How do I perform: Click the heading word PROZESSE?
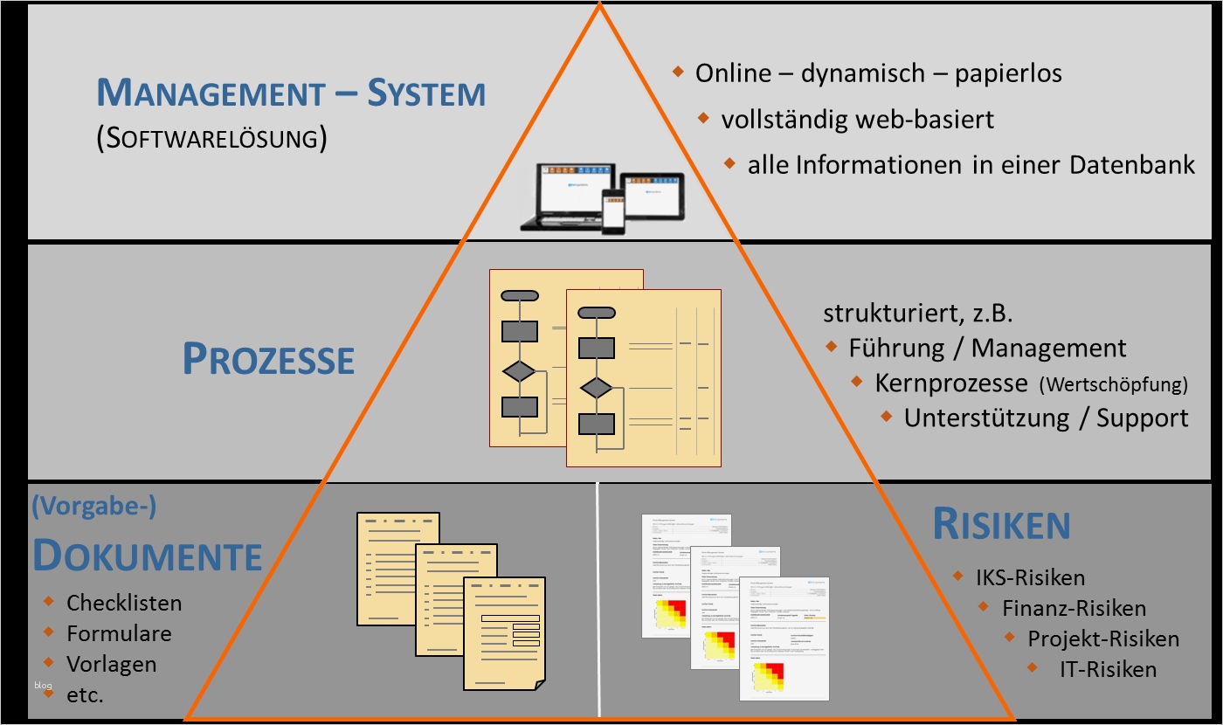click(268, 359)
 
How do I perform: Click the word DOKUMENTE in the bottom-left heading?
click(148, 556)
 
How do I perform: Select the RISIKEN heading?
click(1001, 524)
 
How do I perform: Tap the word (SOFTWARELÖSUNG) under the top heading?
click(211, 139)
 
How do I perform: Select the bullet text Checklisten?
click(124, 603)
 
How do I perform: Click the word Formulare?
click(119, 633)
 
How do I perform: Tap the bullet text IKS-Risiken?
click(1030, 577)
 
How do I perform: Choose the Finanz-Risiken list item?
click(1074, 608)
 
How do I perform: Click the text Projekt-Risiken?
click(1103, 639)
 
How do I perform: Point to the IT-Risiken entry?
click(1108, 670)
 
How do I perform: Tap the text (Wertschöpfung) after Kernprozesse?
click(1113, 384)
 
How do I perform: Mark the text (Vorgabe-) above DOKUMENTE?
click(93, 507)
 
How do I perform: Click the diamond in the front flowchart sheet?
click(597, 387)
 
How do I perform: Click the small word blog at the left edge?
click(44, 685)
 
